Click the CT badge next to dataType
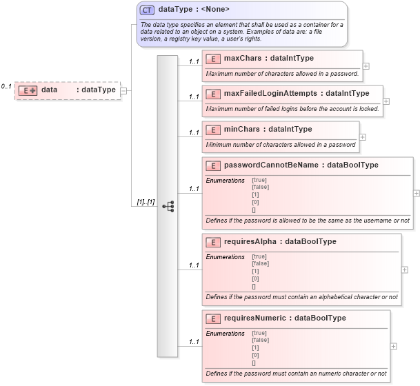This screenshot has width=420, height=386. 147,10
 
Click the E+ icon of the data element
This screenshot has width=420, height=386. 28,90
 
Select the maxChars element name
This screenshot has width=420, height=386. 243,58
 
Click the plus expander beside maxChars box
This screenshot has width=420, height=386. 366,66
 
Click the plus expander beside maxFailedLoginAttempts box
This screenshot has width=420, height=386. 386,101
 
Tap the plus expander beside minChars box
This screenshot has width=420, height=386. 362,136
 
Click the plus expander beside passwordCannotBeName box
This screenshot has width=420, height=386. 416,194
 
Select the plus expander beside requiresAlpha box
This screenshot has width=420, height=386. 404,270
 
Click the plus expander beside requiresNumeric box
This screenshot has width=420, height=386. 393,346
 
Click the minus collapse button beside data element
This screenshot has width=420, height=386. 123,90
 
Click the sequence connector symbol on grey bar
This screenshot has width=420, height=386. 168,206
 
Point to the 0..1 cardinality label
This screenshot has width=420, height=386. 6,86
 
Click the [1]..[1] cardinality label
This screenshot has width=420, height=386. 145,202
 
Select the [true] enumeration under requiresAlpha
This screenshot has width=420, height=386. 260,256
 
